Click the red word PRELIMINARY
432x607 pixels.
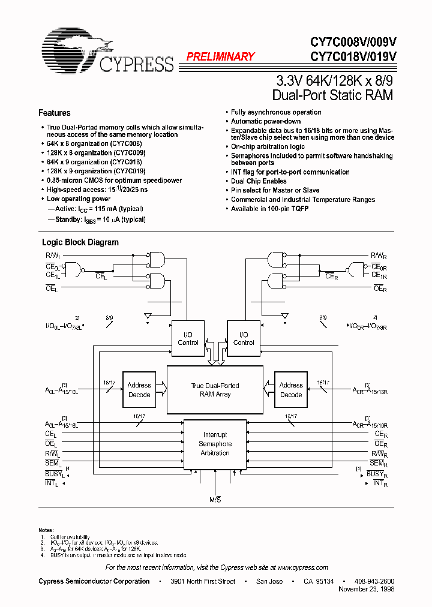tap(220, 57)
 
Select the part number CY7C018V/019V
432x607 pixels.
tap(353, 57)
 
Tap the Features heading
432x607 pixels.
tap(54, 113)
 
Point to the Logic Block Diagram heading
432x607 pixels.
tap(80, 242)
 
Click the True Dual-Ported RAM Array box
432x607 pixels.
tap(215, 390)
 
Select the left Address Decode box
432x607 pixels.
tap(139, 390)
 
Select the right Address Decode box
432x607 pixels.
tap(290, 390)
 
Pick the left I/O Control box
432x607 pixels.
tap(188, 339)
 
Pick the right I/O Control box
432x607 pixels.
tap(243, 339)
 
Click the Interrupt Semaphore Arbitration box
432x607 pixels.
tap(215, 444)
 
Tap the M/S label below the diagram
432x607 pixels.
tap(215, 500)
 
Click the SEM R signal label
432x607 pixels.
tap(377, 464)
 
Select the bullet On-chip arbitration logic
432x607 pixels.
tap(268, 146)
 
